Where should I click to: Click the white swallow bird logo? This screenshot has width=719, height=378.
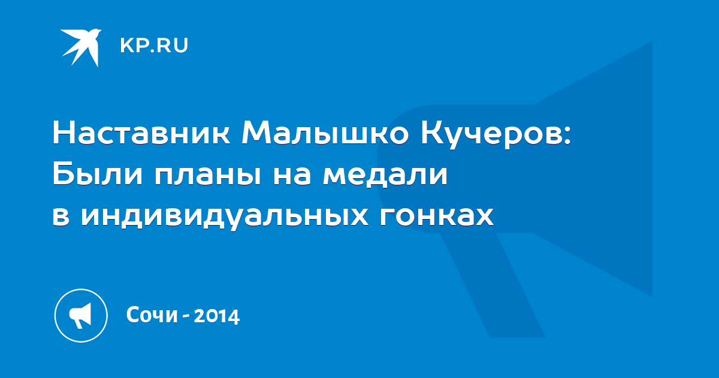[81, 47]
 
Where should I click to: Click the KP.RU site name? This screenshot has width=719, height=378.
[154, 46]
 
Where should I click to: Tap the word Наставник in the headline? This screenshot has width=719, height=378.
[141, 133]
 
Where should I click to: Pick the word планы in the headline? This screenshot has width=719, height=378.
[208, 177]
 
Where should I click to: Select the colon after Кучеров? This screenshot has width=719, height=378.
[567, 136]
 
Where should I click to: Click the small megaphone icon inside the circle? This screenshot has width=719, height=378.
[80, 316]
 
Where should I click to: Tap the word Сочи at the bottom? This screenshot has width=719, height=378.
[152, 314]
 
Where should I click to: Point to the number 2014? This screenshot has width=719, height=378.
[217, 316]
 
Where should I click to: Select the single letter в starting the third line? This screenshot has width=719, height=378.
[61, 218]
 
